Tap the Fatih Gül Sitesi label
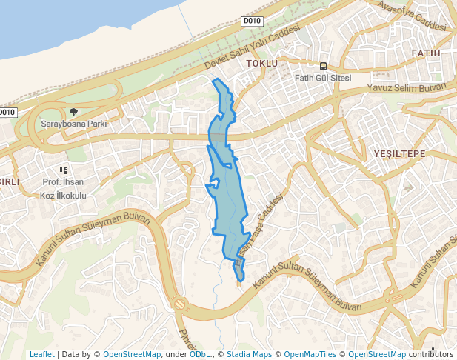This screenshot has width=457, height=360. point(322,78)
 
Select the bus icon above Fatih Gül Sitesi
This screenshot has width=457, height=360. point(323,65)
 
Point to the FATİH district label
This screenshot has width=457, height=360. point(425,53)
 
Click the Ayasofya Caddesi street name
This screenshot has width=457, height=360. point(413,16)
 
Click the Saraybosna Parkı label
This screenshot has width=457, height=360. point(73,124)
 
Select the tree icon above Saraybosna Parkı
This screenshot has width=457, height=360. point(73,112)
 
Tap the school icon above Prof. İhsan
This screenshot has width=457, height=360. point(64,170)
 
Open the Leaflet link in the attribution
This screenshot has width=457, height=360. point(42,354)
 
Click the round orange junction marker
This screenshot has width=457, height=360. point(179,304)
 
